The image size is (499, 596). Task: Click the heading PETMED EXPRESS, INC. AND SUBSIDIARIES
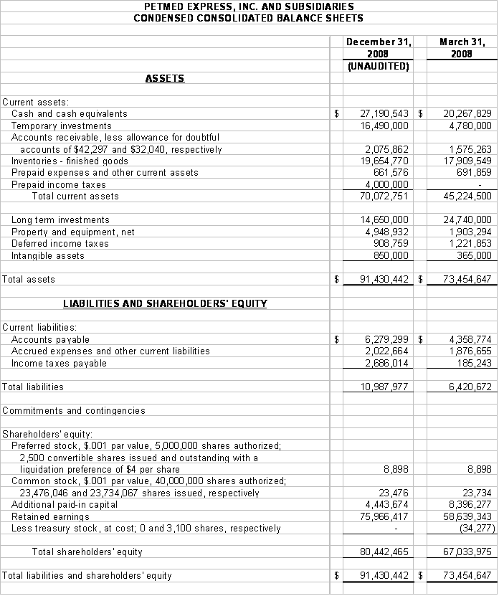click(248, 6)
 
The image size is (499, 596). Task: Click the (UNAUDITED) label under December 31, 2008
click(378, 67)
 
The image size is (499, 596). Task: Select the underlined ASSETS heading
click(165, 78)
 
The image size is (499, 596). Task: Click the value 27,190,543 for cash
click(384, 113)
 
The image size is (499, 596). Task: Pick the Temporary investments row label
click(62, 126)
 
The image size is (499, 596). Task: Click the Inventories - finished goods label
click(70, 161)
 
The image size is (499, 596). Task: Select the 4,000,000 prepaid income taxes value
click(387, 184)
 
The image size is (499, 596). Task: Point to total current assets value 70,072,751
click(384, 196)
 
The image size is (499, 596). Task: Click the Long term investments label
click(60, 219)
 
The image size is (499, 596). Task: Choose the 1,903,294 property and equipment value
click(467, 232)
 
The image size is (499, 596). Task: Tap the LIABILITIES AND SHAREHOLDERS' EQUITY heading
click(165, 303)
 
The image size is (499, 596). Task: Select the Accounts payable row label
click(50, 339)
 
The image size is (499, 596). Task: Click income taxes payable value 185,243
click(472, 363)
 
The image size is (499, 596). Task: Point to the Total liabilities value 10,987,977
click(384, 387)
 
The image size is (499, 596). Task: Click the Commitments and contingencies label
click(73, 411)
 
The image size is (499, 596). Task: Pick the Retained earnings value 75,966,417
click(384, 516)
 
